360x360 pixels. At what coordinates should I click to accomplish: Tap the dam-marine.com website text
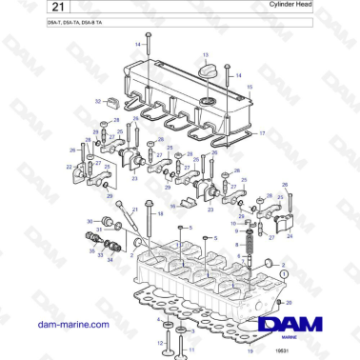coord(61,324)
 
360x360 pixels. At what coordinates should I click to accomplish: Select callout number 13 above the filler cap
coord(206,56)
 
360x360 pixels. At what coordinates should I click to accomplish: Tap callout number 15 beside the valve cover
coord(250,87)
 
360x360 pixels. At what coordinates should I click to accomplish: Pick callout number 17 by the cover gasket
coord(263,134)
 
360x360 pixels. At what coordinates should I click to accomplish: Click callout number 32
coord(97,99)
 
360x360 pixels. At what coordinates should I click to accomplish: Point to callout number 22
coord(70,167)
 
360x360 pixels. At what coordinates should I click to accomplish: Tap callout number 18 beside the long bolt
coord(160,214)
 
